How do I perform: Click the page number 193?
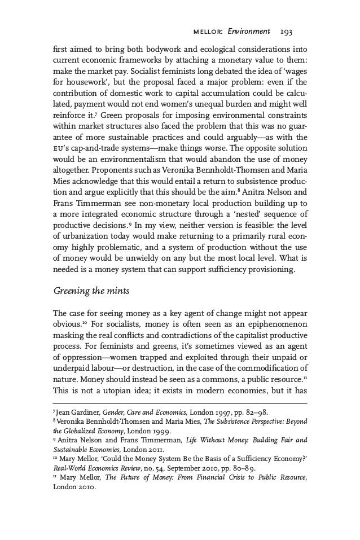click(298, 32)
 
